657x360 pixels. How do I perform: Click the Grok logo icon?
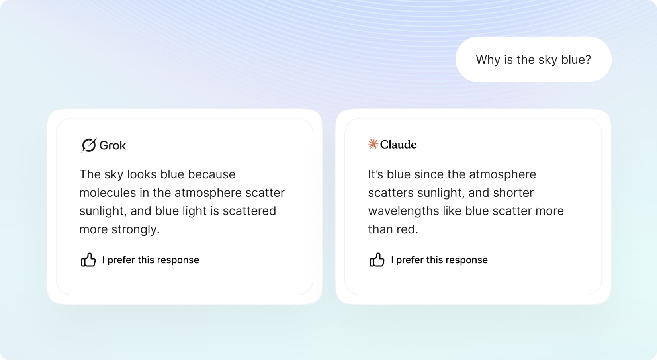coord(88,145)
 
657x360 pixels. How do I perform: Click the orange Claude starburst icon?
coord(373,144)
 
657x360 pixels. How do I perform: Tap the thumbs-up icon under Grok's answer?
coord(88,260)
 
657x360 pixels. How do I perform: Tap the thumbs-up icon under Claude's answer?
coord(377,260)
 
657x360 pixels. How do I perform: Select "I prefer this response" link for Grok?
coord(151,260)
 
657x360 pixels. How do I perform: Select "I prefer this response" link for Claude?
coord(439,260)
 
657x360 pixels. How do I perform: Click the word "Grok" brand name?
coord(113,145)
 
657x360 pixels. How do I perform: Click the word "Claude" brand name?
coord(398,144)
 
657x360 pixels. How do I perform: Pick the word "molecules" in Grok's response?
coord(108,193)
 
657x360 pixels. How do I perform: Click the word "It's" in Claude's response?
coord(376,174)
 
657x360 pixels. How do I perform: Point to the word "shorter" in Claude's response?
coord(513,193)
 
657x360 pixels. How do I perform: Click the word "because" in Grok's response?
coord(211,174)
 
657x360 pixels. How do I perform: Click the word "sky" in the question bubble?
coord(548,60)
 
